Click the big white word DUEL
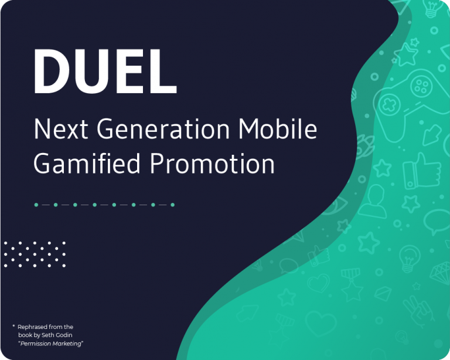[105, 71]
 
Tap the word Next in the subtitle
[61, 129]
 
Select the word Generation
[163, 129]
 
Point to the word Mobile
[278, 128]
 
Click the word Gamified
[87, 164]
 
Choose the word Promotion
[212, 164]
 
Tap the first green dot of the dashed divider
[36, 205]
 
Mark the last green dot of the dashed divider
[172, 205]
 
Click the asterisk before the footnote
[13, 326]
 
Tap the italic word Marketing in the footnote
[68, 344]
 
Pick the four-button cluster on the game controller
[421, 86]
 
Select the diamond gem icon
[441, 273]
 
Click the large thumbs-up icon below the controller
[421, 171]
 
